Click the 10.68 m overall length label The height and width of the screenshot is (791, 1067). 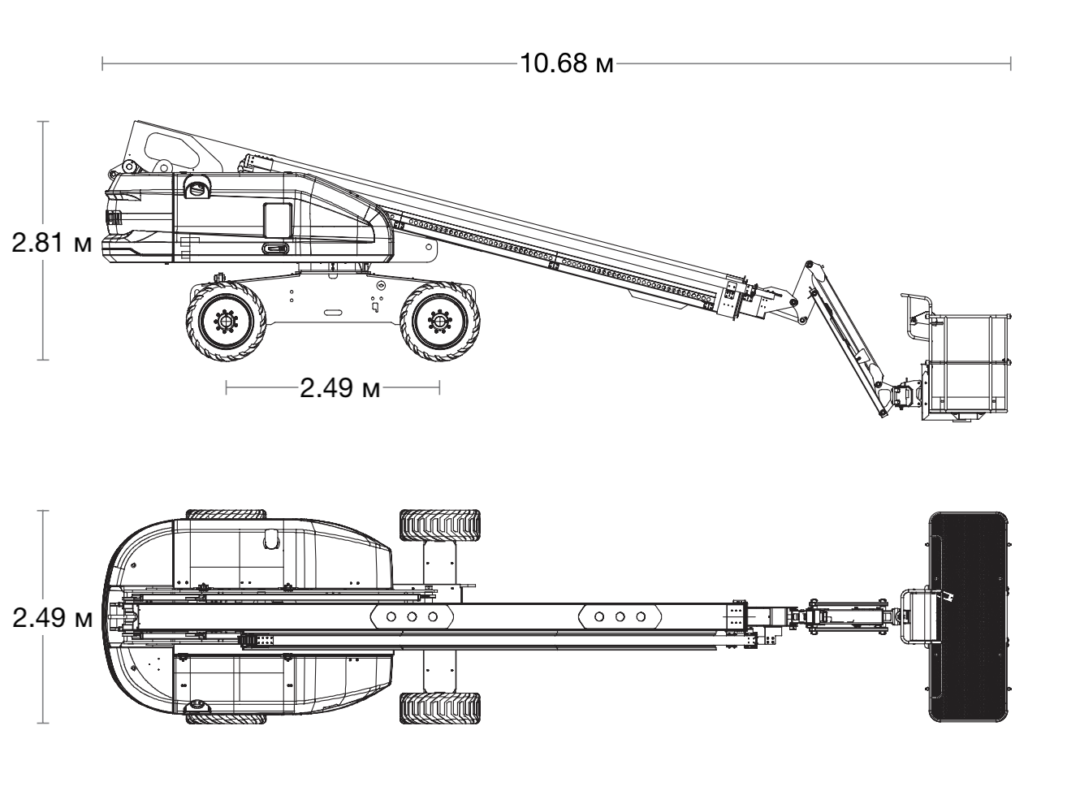567,63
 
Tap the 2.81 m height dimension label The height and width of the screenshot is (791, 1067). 51,242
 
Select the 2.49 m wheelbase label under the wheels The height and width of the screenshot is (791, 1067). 339,387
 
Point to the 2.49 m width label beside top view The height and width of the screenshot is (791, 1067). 52,617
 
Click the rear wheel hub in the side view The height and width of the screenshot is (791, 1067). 226,321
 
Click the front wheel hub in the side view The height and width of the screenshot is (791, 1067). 439,321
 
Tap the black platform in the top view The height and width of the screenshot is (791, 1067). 968,616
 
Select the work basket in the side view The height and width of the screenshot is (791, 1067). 967,365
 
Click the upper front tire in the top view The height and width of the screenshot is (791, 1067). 439,525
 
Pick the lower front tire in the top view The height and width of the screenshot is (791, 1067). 439,708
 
